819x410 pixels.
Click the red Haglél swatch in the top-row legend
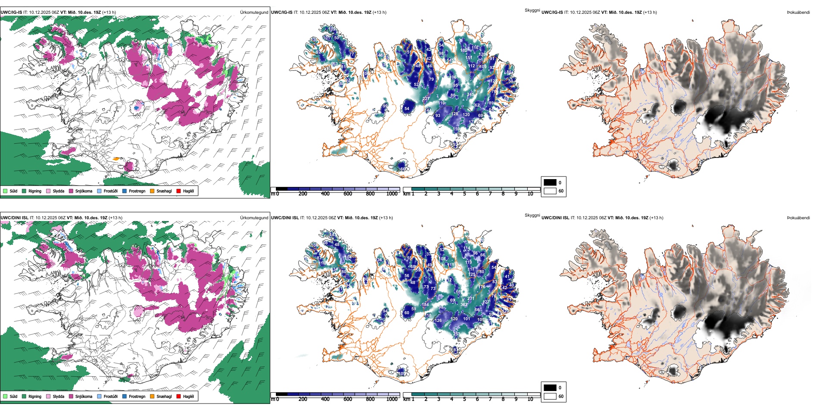click(178, 191)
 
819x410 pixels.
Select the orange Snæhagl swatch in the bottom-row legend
click(152, 396)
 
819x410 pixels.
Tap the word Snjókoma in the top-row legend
click(84, 191)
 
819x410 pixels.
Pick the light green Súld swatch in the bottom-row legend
click(5, 396)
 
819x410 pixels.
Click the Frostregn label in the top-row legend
click(137, 191)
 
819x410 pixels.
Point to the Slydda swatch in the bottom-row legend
click(48, 396)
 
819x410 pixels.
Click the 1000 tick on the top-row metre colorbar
click(392, 194)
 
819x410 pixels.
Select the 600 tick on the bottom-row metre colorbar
click(348, 399)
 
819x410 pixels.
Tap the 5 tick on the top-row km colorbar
click(464, 194)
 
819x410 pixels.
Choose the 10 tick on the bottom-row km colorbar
click(530, 399)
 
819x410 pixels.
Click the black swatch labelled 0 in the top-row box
click(550, 183)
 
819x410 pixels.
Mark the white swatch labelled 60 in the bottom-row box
click(550, 396)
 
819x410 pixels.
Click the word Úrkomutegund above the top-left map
click(254, 13)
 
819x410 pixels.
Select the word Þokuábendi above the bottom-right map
click(798, 218)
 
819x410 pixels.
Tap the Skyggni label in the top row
click(532, 10)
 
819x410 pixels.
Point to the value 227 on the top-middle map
click(425, 99)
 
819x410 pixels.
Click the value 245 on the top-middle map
click(470, 95)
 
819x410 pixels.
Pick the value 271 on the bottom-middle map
click(471, 298)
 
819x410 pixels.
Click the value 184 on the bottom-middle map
click(425, 305)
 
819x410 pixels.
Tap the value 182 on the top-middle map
click(464, 50)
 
